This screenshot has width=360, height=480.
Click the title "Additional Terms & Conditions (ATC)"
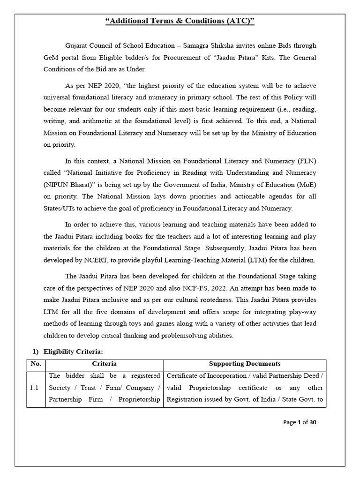tap(180, 21)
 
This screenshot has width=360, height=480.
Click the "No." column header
tap(36, 364)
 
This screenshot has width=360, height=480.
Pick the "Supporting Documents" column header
tap(244, 364)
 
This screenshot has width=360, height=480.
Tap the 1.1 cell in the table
tap(36, 388)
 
